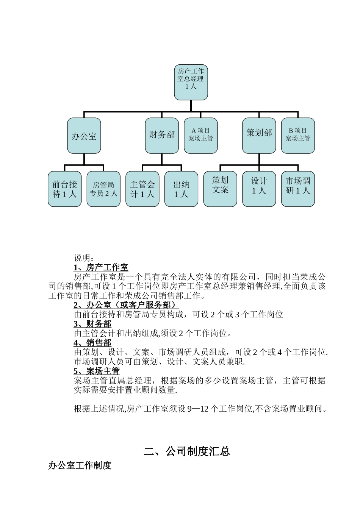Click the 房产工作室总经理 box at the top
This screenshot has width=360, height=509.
[191, 82]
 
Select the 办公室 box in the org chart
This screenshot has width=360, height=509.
[84, 136]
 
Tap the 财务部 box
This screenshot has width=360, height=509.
[162, 136]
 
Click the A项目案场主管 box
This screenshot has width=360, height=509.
[201, 136]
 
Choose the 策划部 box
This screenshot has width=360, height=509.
[259, 136]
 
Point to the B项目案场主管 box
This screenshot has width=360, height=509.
[298, 136]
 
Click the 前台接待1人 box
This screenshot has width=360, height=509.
[65, 189]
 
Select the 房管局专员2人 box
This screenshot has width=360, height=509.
[103, 189]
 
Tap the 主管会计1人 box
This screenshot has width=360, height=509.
[142, 189]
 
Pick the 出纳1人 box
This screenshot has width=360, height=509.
[181, 189]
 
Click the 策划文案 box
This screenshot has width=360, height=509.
[220, 189]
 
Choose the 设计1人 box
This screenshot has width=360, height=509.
[259, 189]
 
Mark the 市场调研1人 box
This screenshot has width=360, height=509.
[298, 189]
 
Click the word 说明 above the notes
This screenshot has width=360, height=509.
[82, 258]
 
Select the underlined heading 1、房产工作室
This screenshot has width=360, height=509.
[101, 268]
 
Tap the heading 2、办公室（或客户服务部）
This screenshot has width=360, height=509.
[126, 305]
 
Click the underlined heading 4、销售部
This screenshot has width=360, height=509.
[92, 343]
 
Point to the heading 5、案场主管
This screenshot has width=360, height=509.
[97, 371]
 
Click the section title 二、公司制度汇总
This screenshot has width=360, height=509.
[187, 451]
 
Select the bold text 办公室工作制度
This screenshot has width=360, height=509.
[80, 465]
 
